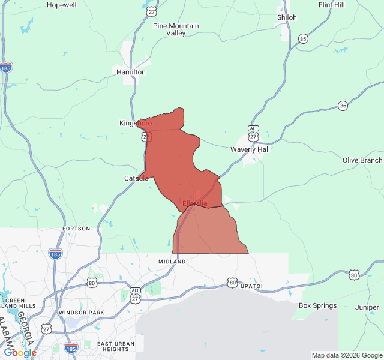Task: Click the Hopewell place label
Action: point(62,5)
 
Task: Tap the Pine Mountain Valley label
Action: point(176,29)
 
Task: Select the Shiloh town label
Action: point(287,17)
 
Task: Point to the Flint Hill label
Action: point(332,5)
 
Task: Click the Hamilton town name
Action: point(131,72)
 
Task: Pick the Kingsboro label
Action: point(135,123)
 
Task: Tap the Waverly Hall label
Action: point(250,149)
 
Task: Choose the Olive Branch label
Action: point(362,160)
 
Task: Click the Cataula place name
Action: point(136,178)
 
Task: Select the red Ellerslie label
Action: point(195,204)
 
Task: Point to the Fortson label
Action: point(76,229)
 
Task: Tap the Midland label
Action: point(172,262)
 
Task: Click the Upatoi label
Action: point(251,286)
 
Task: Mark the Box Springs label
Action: point(317,305)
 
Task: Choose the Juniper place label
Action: point(367,307)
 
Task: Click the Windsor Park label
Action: point(81,313)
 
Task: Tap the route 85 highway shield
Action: point(303,39)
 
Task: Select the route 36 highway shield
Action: point(343,105)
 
